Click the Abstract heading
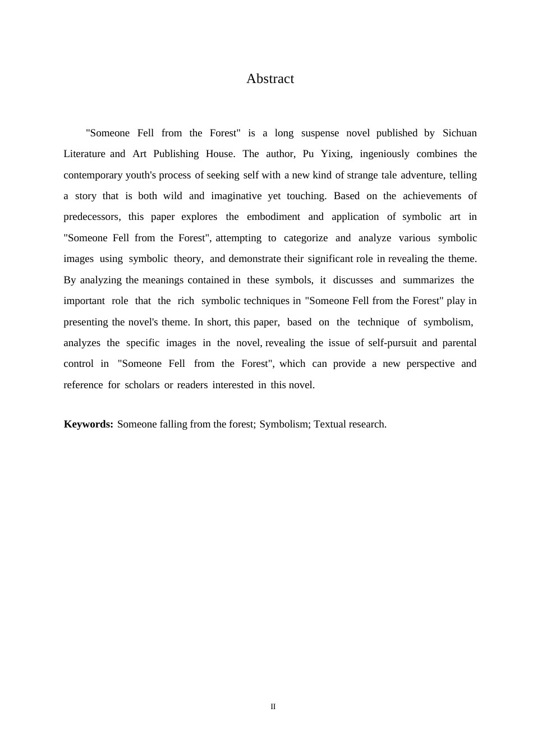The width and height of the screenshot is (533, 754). coord(270,79)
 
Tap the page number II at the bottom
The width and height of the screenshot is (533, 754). coord(273,707)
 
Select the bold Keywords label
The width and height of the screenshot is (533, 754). coord(89,424)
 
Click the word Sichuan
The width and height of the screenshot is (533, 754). coord(460,133)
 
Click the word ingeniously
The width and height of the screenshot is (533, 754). coord(384,154)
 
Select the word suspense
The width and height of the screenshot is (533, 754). coord(320,133)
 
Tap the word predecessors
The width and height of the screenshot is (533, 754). coord(91,217)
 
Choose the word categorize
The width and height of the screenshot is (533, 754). coord(306,238)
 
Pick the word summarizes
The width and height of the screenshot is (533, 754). coord(428,280)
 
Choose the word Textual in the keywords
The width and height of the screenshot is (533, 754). coord(330,424)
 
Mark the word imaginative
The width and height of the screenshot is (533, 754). coord(236,196)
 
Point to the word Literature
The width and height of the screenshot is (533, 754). coord(84,154)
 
